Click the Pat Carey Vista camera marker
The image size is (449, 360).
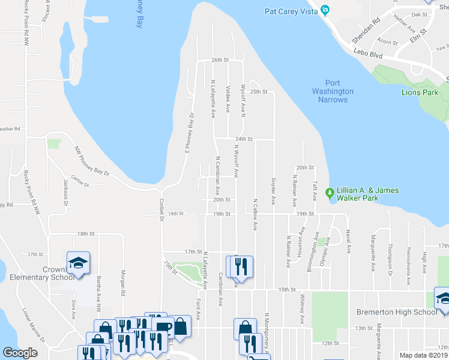[325, 10]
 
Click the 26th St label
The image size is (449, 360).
[220, 60]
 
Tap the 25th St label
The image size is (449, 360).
[258, 92]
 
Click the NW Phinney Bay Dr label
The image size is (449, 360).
[92, 161]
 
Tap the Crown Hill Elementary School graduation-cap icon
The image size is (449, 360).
[78, 263]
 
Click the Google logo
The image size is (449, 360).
[20, 353]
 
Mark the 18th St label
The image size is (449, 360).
[86, 233]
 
